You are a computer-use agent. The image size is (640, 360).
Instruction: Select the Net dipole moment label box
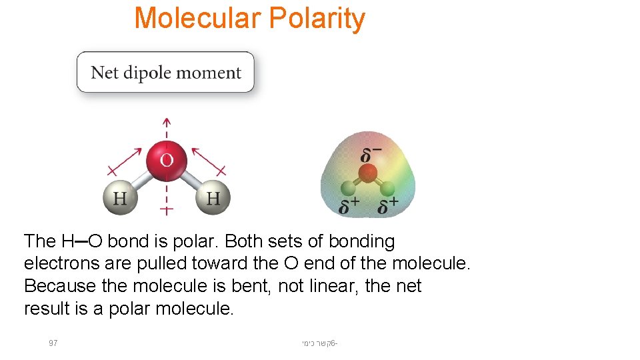165,72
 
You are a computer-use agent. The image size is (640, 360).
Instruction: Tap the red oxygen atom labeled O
167,160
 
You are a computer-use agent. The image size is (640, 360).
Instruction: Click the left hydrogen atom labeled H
120,197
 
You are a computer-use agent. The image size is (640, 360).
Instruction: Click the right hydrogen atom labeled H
213,197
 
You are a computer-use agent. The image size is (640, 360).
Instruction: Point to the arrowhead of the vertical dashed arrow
167,122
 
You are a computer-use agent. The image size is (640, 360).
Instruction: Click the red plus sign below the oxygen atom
167,210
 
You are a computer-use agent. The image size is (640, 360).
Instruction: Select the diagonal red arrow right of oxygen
207,160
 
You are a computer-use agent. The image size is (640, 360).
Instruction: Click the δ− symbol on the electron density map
371,155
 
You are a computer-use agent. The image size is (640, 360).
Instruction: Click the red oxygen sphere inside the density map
367,175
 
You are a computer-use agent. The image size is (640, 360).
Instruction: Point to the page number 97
53,343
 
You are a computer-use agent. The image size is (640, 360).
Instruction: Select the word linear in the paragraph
329,287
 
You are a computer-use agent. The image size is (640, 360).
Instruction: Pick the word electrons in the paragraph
55,264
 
